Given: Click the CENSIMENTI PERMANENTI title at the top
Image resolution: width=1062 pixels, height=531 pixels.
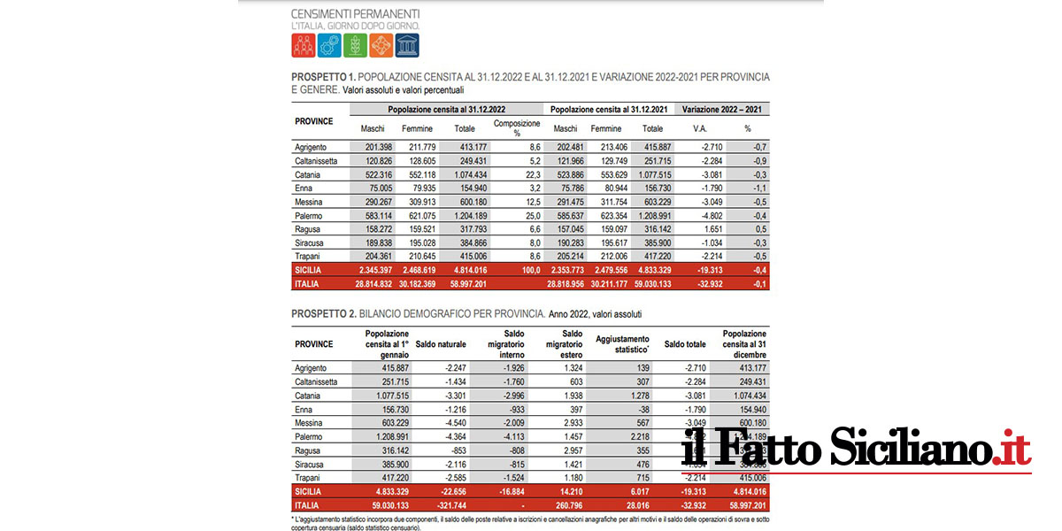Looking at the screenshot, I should click(355, 14).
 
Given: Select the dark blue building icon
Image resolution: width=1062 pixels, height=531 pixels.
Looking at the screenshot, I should click(407, 46).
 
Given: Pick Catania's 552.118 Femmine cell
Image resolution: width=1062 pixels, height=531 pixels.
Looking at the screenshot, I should click(417, 175).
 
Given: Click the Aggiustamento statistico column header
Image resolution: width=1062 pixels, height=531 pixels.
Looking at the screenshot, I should click(622, 343).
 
